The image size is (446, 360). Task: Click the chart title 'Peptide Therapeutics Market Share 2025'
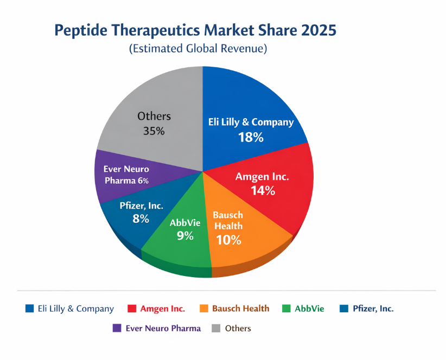[x=195, y=30]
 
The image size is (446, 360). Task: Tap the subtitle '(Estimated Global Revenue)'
[x=198, y=49]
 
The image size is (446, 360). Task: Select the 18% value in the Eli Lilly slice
[x=251, y=137]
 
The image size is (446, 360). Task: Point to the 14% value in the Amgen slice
[x=263, y=190]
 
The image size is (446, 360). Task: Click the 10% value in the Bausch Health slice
[x=228, y=240]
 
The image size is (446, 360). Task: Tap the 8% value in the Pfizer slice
[x=141, y=218]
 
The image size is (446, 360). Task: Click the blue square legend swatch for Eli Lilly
[x=30, y=309]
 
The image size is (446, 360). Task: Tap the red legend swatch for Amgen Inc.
[x=132, y=309]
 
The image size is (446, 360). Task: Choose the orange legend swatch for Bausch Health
[x=204, y=309]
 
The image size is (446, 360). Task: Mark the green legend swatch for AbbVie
[x=286, y=309]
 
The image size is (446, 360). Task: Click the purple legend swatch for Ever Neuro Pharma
[x=117, y=328]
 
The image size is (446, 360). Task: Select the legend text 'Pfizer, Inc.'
[x=373, y=309]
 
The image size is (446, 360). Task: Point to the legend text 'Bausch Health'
[x=240, y=309]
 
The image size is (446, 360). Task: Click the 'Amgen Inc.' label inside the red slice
[x=262, y=177]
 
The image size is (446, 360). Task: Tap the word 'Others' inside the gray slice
[x=154, y=116]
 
